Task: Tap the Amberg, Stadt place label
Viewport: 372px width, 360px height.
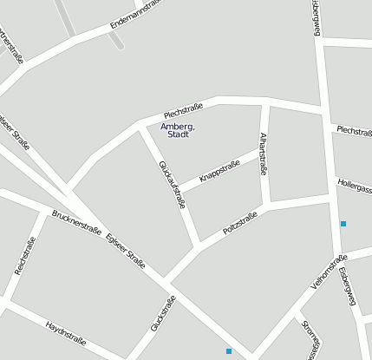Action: click(178, 130)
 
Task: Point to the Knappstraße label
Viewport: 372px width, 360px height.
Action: click(219, 171)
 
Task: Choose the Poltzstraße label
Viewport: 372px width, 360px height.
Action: click(240, 224)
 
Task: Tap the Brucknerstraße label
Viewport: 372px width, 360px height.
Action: click(77, 223)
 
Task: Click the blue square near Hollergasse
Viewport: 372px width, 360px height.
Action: click(343, 224)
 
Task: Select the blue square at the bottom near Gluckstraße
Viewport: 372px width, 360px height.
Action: click(229, 351)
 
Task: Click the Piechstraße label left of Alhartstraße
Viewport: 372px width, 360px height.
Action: click(183, 110)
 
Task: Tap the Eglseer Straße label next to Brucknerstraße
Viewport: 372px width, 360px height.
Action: click(126, 252)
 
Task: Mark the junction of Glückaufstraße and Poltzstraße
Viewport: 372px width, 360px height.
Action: click(199, 243)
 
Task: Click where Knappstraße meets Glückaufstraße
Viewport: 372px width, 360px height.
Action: click(179, 191)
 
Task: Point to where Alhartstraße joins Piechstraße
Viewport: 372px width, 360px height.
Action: click(264, 105)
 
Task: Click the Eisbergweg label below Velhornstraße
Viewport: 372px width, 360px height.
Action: click(348, 285)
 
